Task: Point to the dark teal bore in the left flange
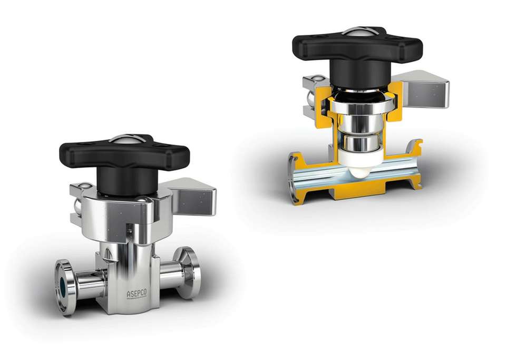[x=63, y=288]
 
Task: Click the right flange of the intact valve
[x=189, y=272]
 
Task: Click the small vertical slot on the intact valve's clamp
[x=128, y=230]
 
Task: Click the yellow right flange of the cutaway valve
[x=416, y=163]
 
